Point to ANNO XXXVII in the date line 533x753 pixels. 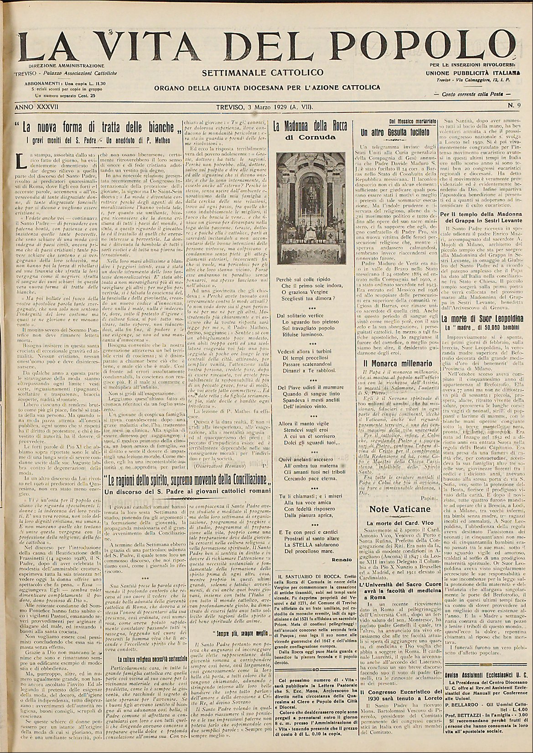tap(35, 107)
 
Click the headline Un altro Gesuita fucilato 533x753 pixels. tap(391, 133)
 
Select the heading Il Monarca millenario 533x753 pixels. tap(392, 364)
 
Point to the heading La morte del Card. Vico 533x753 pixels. tap(392, 510)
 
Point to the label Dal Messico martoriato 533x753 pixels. tap(391, 121)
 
